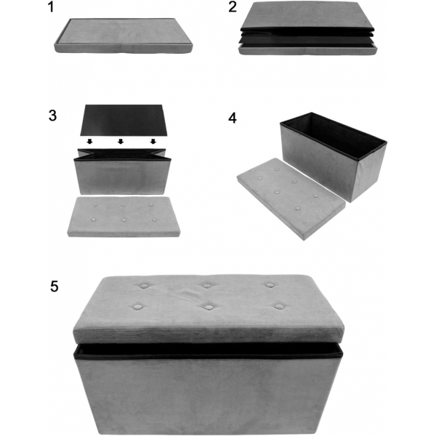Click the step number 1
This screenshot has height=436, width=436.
51,7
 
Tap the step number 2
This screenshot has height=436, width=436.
233,7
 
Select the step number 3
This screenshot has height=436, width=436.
52,116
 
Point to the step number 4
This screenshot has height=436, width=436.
233,118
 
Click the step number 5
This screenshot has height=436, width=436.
54,286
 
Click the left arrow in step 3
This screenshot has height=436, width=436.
89,142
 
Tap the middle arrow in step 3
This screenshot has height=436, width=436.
121,142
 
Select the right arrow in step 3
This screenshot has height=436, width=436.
153,142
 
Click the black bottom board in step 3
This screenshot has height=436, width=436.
124,120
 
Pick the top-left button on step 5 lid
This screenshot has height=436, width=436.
145,286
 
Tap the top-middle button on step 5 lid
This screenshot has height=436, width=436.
206,286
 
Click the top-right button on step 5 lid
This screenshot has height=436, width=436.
270,285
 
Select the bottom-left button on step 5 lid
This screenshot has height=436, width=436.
137,307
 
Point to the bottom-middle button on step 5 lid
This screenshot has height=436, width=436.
208,307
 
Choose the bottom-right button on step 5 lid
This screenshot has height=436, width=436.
279,307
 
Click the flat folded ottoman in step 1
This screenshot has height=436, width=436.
124,36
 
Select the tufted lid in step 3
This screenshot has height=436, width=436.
124,217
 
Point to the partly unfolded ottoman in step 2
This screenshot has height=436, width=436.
307,28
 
